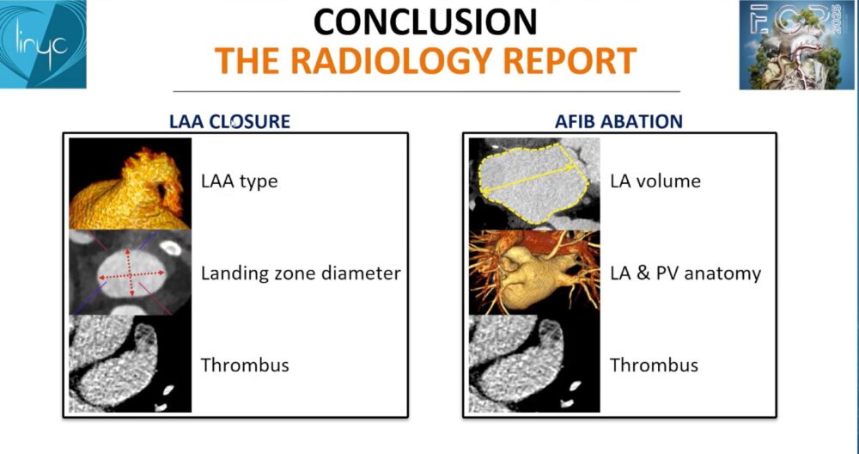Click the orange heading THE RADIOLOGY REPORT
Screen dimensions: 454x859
click(425, 60)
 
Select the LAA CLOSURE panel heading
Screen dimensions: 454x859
click(229, 121)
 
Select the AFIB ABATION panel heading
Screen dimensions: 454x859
click(618, 121)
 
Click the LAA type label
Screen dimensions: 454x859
click(240, 181)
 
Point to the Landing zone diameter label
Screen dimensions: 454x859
click(301, 273)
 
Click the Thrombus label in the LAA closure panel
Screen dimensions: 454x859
click(245, 365)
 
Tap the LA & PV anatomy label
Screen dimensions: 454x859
click(685, 273)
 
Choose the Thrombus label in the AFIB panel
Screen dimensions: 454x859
click(654, 365)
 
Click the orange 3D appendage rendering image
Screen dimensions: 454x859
click(130, 183)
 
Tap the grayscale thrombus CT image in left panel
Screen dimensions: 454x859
click(130, 365)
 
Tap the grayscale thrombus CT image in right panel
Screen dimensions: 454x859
click(532, 365)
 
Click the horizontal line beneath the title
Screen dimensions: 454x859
click(425, 90)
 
